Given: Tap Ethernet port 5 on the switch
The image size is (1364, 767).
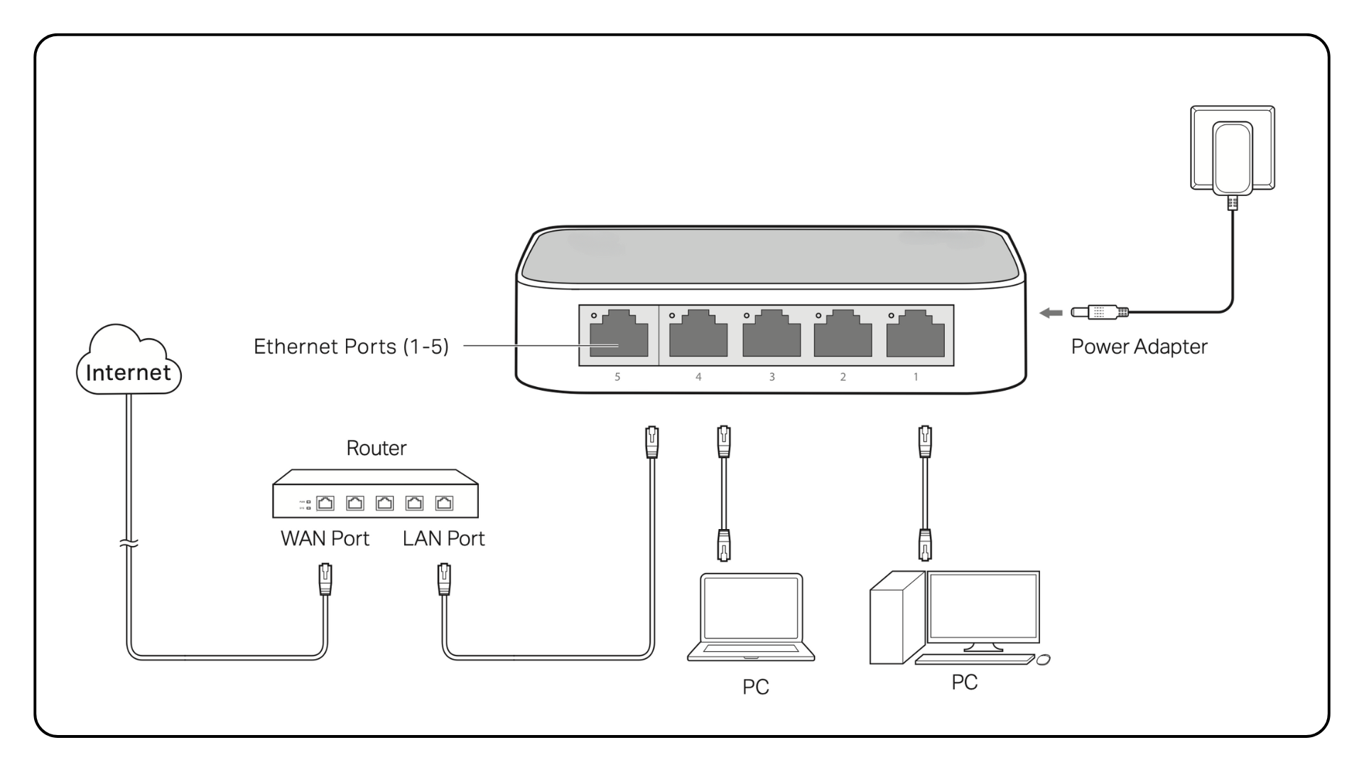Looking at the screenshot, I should [618, 335].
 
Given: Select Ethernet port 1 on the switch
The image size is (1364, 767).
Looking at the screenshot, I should [915, 335].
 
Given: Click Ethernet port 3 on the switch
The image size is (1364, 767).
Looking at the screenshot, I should [771, 335].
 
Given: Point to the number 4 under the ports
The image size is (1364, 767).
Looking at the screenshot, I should [698, 377].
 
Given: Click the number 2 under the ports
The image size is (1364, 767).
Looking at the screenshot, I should [843, 377].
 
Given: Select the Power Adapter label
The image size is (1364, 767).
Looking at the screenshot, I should [1139, 347].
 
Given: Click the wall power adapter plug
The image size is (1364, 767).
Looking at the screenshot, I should [1233, 156].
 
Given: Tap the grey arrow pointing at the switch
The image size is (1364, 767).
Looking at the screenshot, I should [1051, 312].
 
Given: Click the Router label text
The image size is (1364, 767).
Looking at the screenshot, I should [376, 448].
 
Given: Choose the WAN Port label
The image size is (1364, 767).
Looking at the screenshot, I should [325, 538].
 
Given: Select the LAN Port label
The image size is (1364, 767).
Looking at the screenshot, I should [443, 538].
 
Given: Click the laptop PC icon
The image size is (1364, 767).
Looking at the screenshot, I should [751, 616].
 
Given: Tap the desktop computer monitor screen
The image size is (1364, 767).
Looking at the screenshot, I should [983, 604].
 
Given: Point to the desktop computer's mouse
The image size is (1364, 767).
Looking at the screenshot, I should [1043, 660].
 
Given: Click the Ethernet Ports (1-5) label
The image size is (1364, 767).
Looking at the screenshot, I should [351, 347].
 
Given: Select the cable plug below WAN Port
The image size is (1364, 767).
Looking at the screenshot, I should [325, 580].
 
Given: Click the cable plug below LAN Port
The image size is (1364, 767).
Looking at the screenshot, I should [444, 580].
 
